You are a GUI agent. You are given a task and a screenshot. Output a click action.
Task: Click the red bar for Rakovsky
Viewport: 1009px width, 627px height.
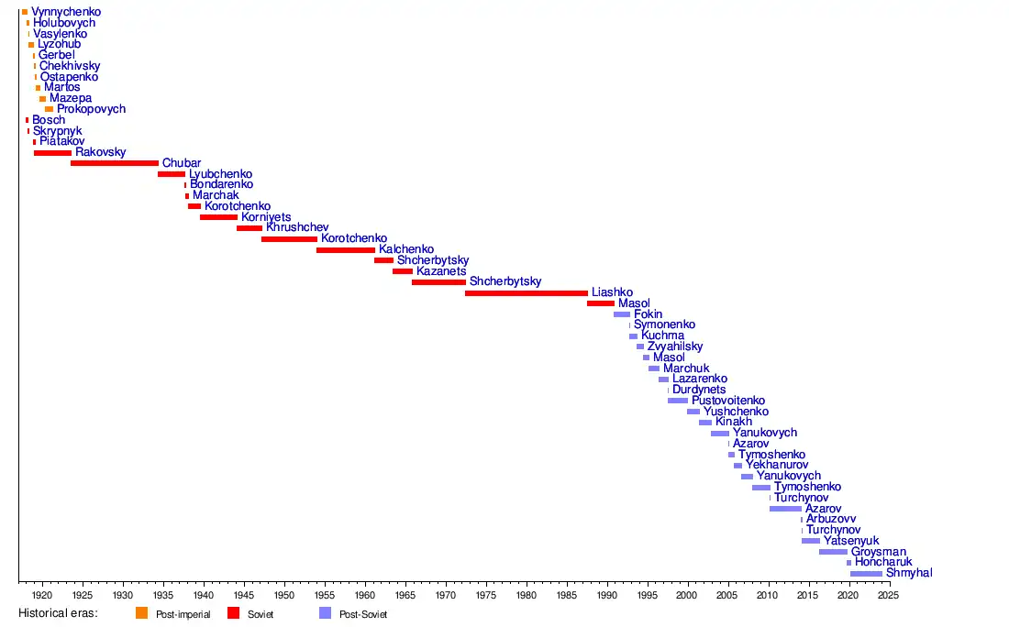tap(52, 152)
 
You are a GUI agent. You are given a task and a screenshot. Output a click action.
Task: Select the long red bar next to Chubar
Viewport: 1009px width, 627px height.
tap(114, 163)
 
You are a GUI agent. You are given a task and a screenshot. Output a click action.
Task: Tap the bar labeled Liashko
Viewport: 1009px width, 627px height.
tap(526, 293)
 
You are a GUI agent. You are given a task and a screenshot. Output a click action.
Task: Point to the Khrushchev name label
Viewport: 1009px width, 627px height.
tap(297, 227)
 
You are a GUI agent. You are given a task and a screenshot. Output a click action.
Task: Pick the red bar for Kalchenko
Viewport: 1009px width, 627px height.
tap(345, 249)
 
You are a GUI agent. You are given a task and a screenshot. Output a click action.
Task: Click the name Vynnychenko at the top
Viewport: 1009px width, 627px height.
tap(66, 12)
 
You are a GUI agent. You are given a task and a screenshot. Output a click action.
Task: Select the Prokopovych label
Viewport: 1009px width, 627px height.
tap(91, 109)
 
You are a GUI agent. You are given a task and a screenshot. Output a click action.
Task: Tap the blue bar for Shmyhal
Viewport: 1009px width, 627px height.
tap(866, 574)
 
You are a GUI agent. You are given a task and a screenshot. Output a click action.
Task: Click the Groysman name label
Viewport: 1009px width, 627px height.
tap(878, 552)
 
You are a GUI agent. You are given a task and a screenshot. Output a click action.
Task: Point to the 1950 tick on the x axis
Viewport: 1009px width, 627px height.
tap(284, 595)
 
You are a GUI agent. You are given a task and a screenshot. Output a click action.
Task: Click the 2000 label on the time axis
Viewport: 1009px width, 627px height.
tap(687, 595)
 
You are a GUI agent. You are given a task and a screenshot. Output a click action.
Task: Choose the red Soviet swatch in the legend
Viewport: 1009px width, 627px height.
tap(233, 613)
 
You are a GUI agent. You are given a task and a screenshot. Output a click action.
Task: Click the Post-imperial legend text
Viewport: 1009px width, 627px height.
tap(183, 614)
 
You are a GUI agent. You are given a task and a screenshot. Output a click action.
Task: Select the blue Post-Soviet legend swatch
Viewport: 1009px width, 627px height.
tap(325, 613)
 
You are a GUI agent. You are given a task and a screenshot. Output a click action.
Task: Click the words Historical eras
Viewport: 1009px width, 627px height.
tap(58, 613)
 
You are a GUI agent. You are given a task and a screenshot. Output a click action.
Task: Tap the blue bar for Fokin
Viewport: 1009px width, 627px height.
tap(622, 314)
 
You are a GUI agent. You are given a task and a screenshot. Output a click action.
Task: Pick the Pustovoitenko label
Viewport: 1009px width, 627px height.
tap(728, 401)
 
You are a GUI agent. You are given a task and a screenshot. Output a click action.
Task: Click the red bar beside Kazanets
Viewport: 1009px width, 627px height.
tap(402, 271)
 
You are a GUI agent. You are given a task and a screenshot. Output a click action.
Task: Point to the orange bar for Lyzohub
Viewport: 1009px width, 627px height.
tap(31, 44)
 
